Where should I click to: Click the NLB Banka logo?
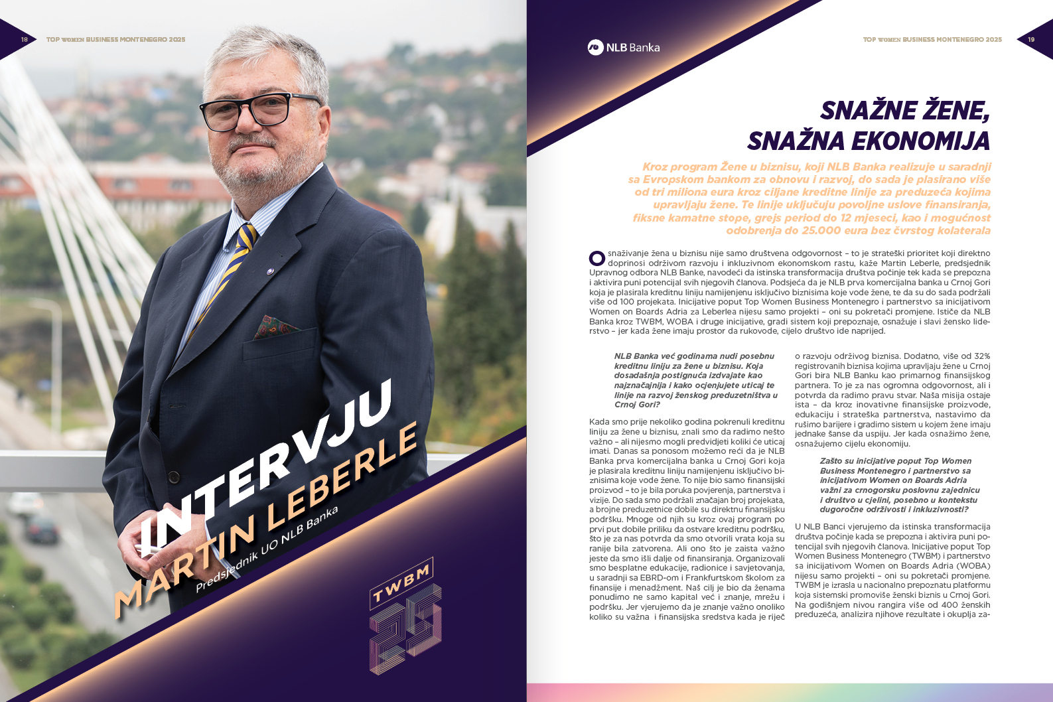point(623,47)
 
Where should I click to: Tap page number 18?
point(25,40)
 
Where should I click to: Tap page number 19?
point(1031,40)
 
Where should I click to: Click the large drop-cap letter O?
point(597,257)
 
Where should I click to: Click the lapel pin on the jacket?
point(270,271)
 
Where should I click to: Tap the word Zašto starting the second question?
point(831,461)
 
